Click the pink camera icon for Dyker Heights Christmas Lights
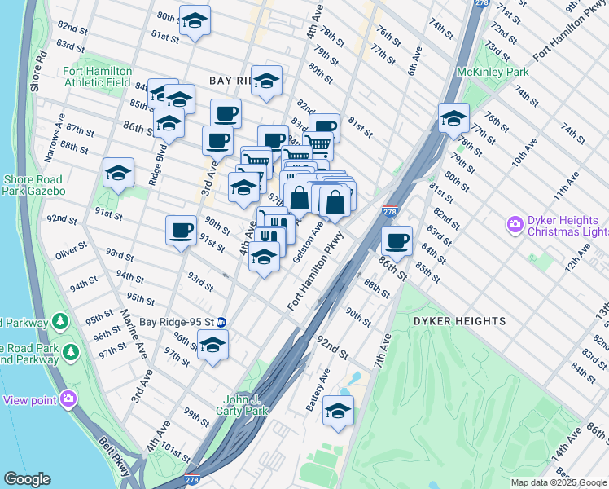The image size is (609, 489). (x=515, y=222)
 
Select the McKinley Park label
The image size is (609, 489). (x=493, y=73)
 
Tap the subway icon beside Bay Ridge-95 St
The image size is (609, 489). (x=232, y=322)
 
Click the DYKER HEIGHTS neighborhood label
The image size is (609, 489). (x=459, y=321)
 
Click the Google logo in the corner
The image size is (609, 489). (x=27, y=479)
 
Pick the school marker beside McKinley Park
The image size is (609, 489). (x=453, y=118)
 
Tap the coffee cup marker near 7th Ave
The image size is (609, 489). (x=397, y=240)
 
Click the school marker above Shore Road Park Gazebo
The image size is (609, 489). (x=118, y=173)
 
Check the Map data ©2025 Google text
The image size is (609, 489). (x=558, y=482)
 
